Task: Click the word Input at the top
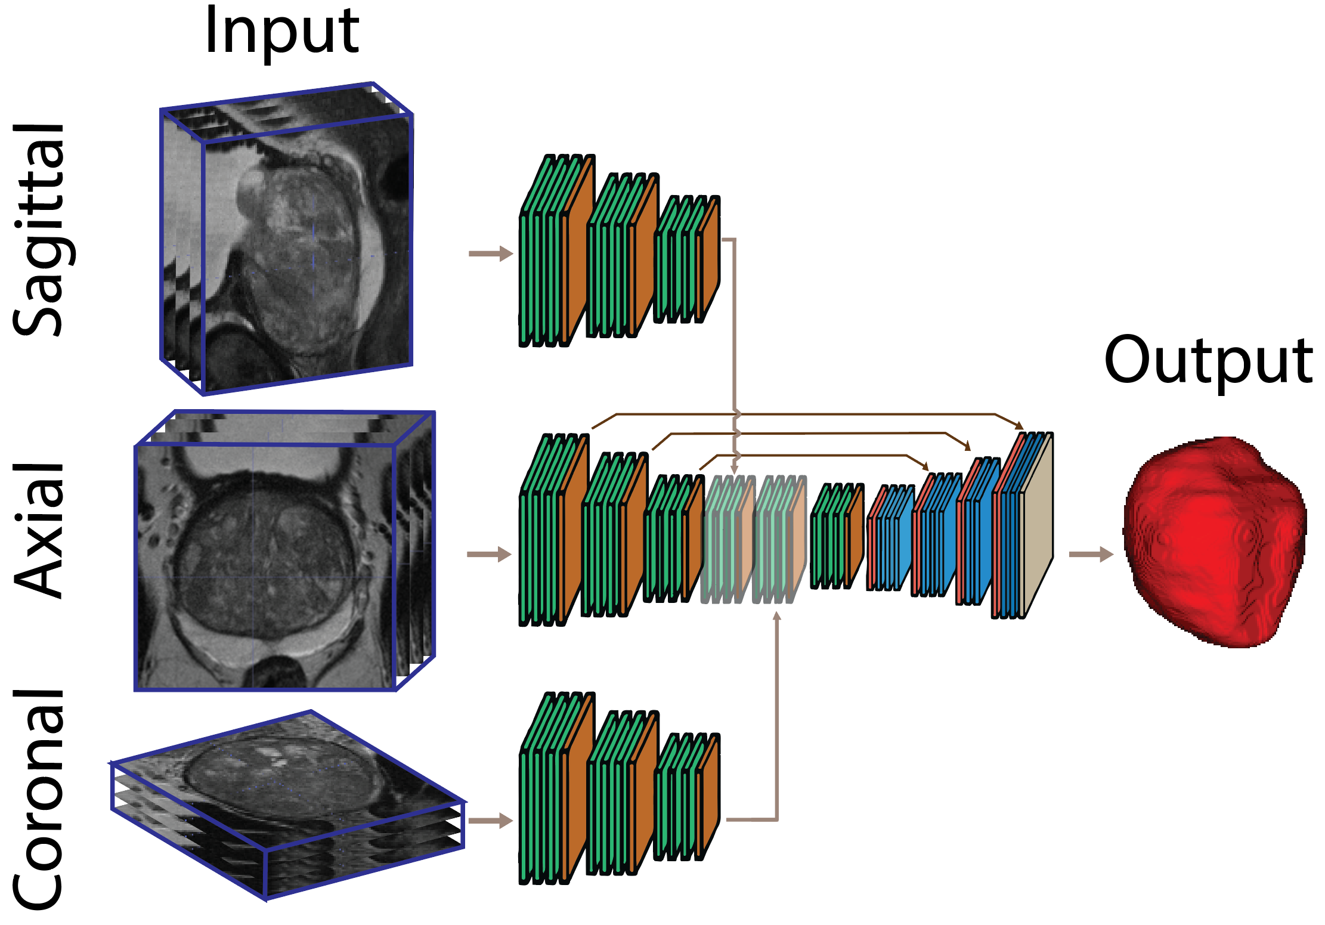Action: (281, 33)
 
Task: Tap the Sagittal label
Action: (39, 230)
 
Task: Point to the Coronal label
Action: (39, 799)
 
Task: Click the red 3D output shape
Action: (1213, 543)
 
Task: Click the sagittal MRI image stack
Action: (286, 239)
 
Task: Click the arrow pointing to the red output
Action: (1090, 555)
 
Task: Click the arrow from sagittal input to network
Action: (490, 253)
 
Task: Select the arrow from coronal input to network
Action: (490, 821)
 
